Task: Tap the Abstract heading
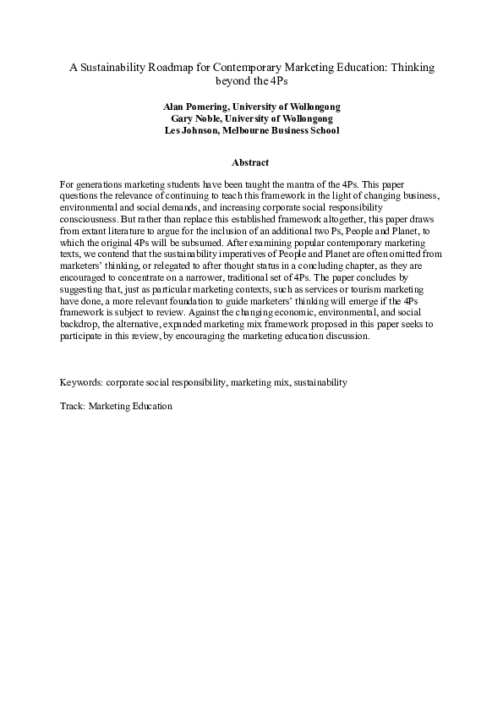click(250, 162)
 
